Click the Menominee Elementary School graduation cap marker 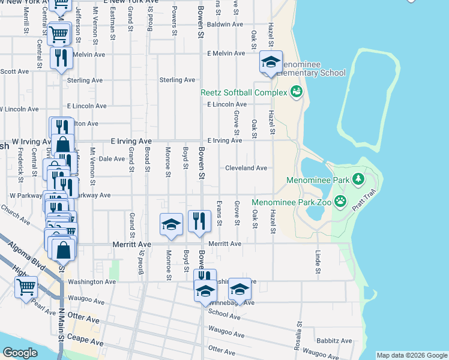[271, 62]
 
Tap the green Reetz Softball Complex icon [295, 92]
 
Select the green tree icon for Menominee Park [358, 179]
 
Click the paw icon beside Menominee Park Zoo [341, 202]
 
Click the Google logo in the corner [20, 353]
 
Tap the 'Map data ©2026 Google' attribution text [412, 355]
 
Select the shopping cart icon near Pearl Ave [26, 288]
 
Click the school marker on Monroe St [171, 224]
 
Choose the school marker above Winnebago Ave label [240, 290]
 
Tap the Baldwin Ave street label [225, 25]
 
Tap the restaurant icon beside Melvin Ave [61, 58]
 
